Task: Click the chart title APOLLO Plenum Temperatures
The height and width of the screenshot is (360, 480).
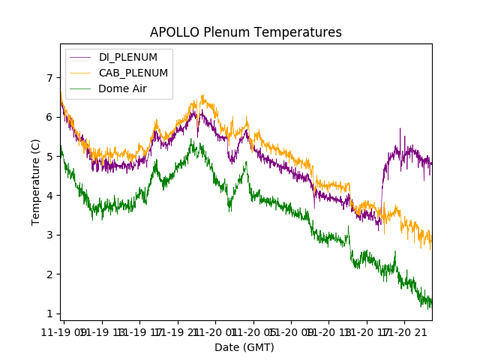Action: [x=245, y=32]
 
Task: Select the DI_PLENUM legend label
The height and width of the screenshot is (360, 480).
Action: [x=127, y=58]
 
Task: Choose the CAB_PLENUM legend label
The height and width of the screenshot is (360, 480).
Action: [x=133, y=73]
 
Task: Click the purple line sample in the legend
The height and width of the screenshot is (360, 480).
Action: [x=79, y=58]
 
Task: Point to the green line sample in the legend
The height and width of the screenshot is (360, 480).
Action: [x=79, y=88]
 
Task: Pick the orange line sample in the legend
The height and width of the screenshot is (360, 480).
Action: [x=79, y=73]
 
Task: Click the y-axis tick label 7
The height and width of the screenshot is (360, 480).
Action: [x=50, y=78]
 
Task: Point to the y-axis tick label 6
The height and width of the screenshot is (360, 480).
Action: [x=50, y=117]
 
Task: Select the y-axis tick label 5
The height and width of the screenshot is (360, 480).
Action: [x=50, y=157]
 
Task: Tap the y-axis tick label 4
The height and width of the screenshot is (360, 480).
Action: [x=50, y=196]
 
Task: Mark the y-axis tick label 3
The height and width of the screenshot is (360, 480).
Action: [x=50, y=235]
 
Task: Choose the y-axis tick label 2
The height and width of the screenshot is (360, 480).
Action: [x=50, y=274]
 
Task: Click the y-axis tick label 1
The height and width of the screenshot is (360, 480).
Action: [x=50, y=313]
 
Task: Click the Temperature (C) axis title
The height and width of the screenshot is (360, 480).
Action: [x=35, y=181]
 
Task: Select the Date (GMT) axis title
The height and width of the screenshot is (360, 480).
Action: [x=244, y=347]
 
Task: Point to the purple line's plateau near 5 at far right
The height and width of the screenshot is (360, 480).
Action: [x=409, y=154]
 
